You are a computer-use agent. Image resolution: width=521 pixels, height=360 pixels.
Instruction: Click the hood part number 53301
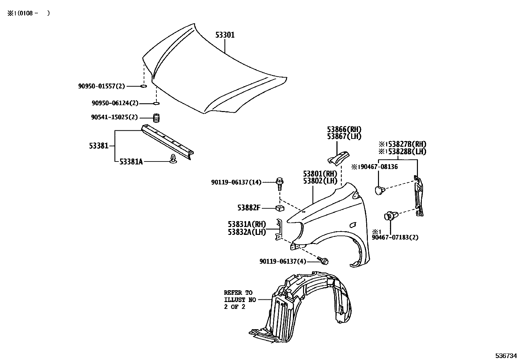(225, 35)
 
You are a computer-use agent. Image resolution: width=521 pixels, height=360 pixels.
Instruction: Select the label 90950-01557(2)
(101, 86)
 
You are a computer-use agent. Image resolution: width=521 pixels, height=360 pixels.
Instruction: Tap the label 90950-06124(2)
(115, 104)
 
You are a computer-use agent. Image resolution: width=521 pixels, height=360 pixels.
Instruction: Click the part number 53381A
(131, 161)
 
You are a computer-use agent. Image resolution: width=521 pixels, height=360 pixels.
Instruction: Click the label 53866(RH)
(344, 129)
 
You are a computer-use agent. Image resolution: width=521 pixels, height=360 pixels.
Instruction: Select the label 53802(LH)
(320, 180)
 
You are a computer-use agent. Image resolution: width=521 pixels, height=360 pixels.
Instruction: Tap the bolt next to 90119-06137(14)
(279, 183)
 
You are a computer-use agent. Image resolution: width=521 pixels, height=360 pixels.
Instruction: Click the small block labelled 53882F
(279, 208)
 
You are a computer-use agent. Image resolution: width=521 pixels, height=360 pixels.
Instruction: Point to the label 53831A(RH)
(247, 224)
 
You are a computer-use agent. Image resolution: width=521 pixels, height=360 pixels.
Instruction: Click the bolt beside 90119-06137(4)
(324, 261)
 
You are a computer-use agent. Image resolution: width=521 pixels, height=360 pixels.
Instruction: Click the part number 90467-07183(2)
(395, 237)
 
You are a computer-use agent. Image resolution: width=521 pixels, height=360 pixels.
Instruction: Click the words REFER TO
(238, 293)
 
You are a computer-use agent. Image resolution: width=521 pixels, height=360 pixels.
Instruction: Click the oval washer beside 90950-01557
(143, 86)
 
